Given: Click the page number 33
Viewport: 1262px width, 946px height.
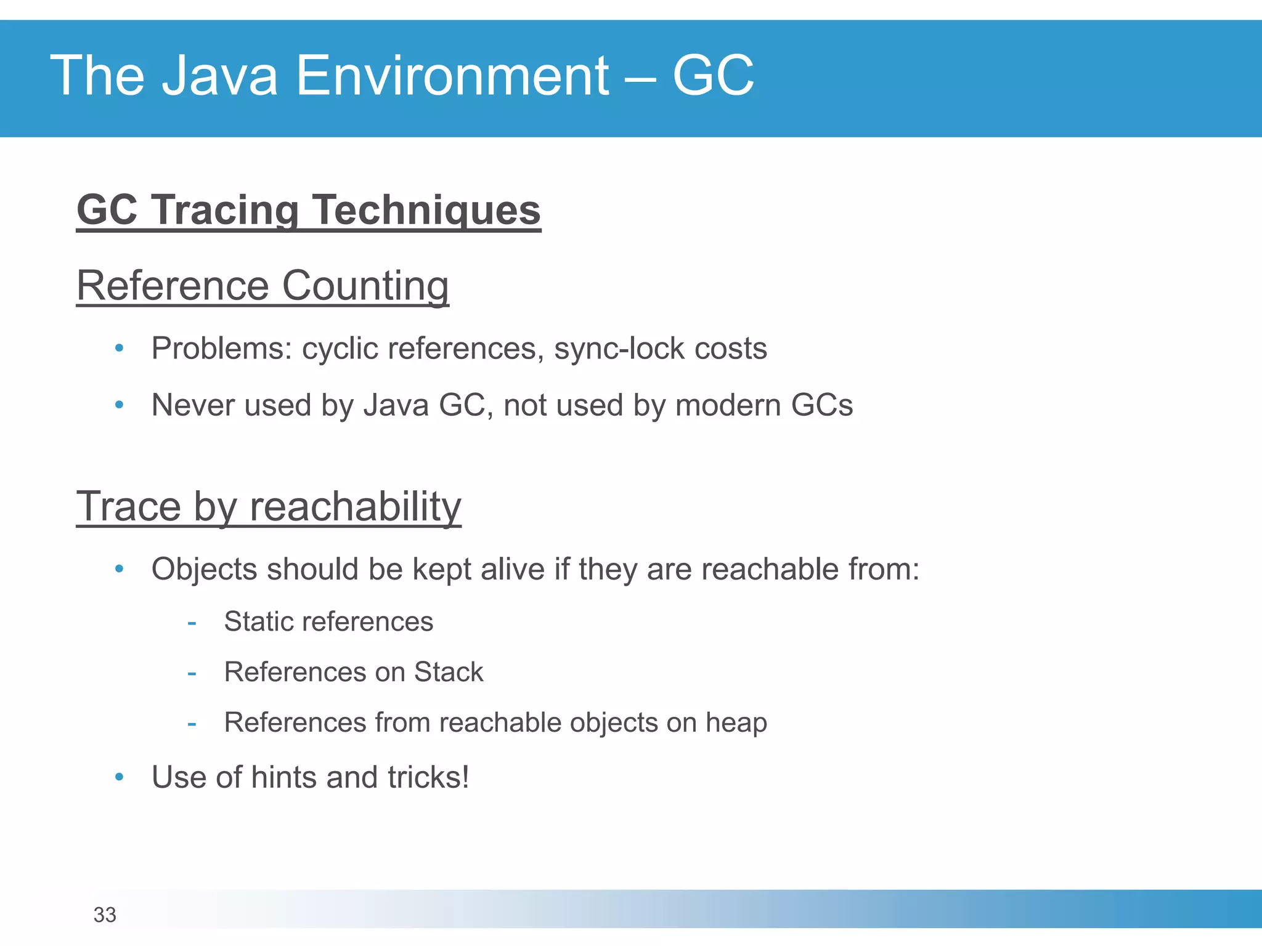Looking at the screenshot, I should (105, 915).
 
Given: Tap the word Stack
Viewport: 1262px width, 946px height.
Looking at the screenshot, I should (449, 672).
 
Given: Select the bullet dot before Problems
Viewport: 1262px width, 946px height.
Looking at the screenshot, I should (120, 349).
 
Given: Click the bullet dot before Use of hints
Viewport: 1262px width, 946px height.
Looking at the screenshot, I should (120, 777).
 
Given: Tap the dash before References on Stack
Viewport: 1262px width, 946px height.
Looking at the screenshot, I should (192, 673).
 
